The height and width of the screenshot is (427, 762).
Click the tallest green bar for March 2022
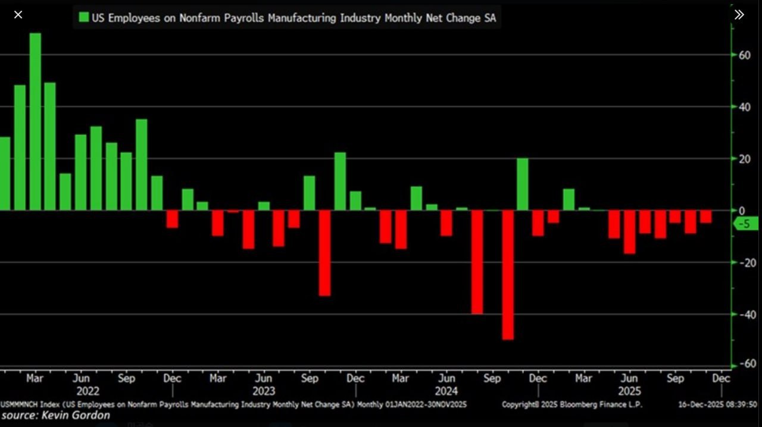pos(35,121)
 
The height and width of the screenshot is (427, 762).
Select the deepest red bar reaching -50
pos(508,275)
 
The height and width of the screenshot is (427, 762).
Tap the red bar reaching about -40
pos(477,262)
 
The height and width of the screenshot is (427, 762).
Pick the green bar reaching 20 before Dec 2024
pos(523,184)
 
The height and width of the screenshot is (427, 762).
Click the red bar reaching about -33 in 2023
pos(324,253)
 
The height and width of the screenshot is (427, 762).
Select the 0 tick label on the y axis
pos(741,211)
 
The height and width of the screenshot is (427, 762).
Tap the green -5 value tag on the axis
pos(747,224)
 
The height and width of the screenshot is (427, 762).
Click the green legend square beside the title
pos(84,17)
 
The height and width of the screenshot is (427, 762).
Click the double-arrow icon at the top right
pos(739,15)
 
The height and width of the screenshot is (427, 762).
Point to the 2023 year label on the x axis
pos(263,391)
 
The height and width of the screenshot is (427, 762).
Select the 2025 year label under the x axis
pos(629,391)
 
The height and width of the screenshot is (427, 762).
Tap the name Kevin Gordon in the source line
pos(76,415)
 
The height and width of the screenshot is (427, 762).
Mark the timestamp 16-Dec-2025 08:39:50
pos(718,404)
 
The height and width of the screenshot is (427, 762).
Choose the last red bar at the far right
pos(705,216)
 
